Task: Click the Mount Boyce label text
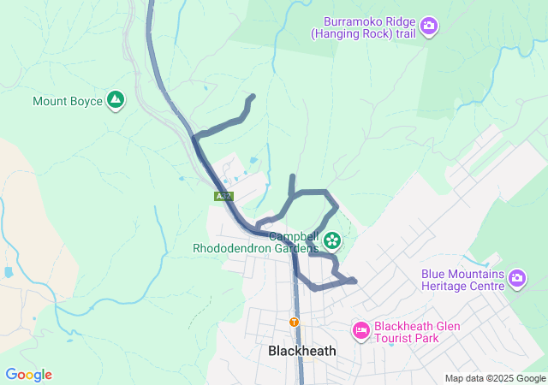(67, 101)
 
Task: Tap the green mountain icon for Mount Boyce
(116, 101)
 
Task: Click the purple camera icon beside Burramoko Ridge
(430, 27)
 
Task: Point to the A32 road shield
(223, 197)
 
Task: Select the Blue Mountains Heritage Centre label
(462, 281)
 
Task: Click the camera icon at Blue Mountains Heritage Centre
(517, 279)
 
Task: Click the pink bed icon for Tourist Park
(360, 330)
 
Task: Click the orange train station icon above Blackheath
(294, 322)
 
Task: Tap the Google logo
(28, 375)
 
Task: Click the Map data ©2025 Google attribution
(494, 378)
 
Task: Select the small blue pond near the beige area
(9, 272)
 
